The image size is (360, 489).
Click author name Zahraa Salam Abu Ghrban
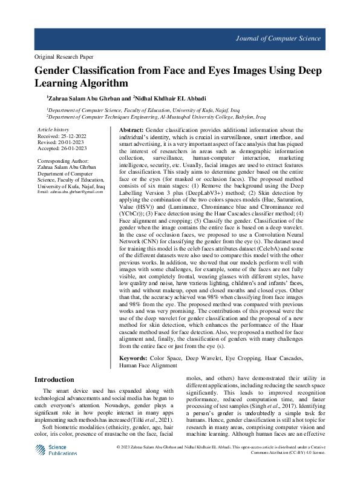click(85, 97)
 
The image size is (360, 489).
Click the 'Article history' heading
click(53, 130)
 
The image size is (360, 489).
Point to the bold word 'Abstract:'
click(131, 130)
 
